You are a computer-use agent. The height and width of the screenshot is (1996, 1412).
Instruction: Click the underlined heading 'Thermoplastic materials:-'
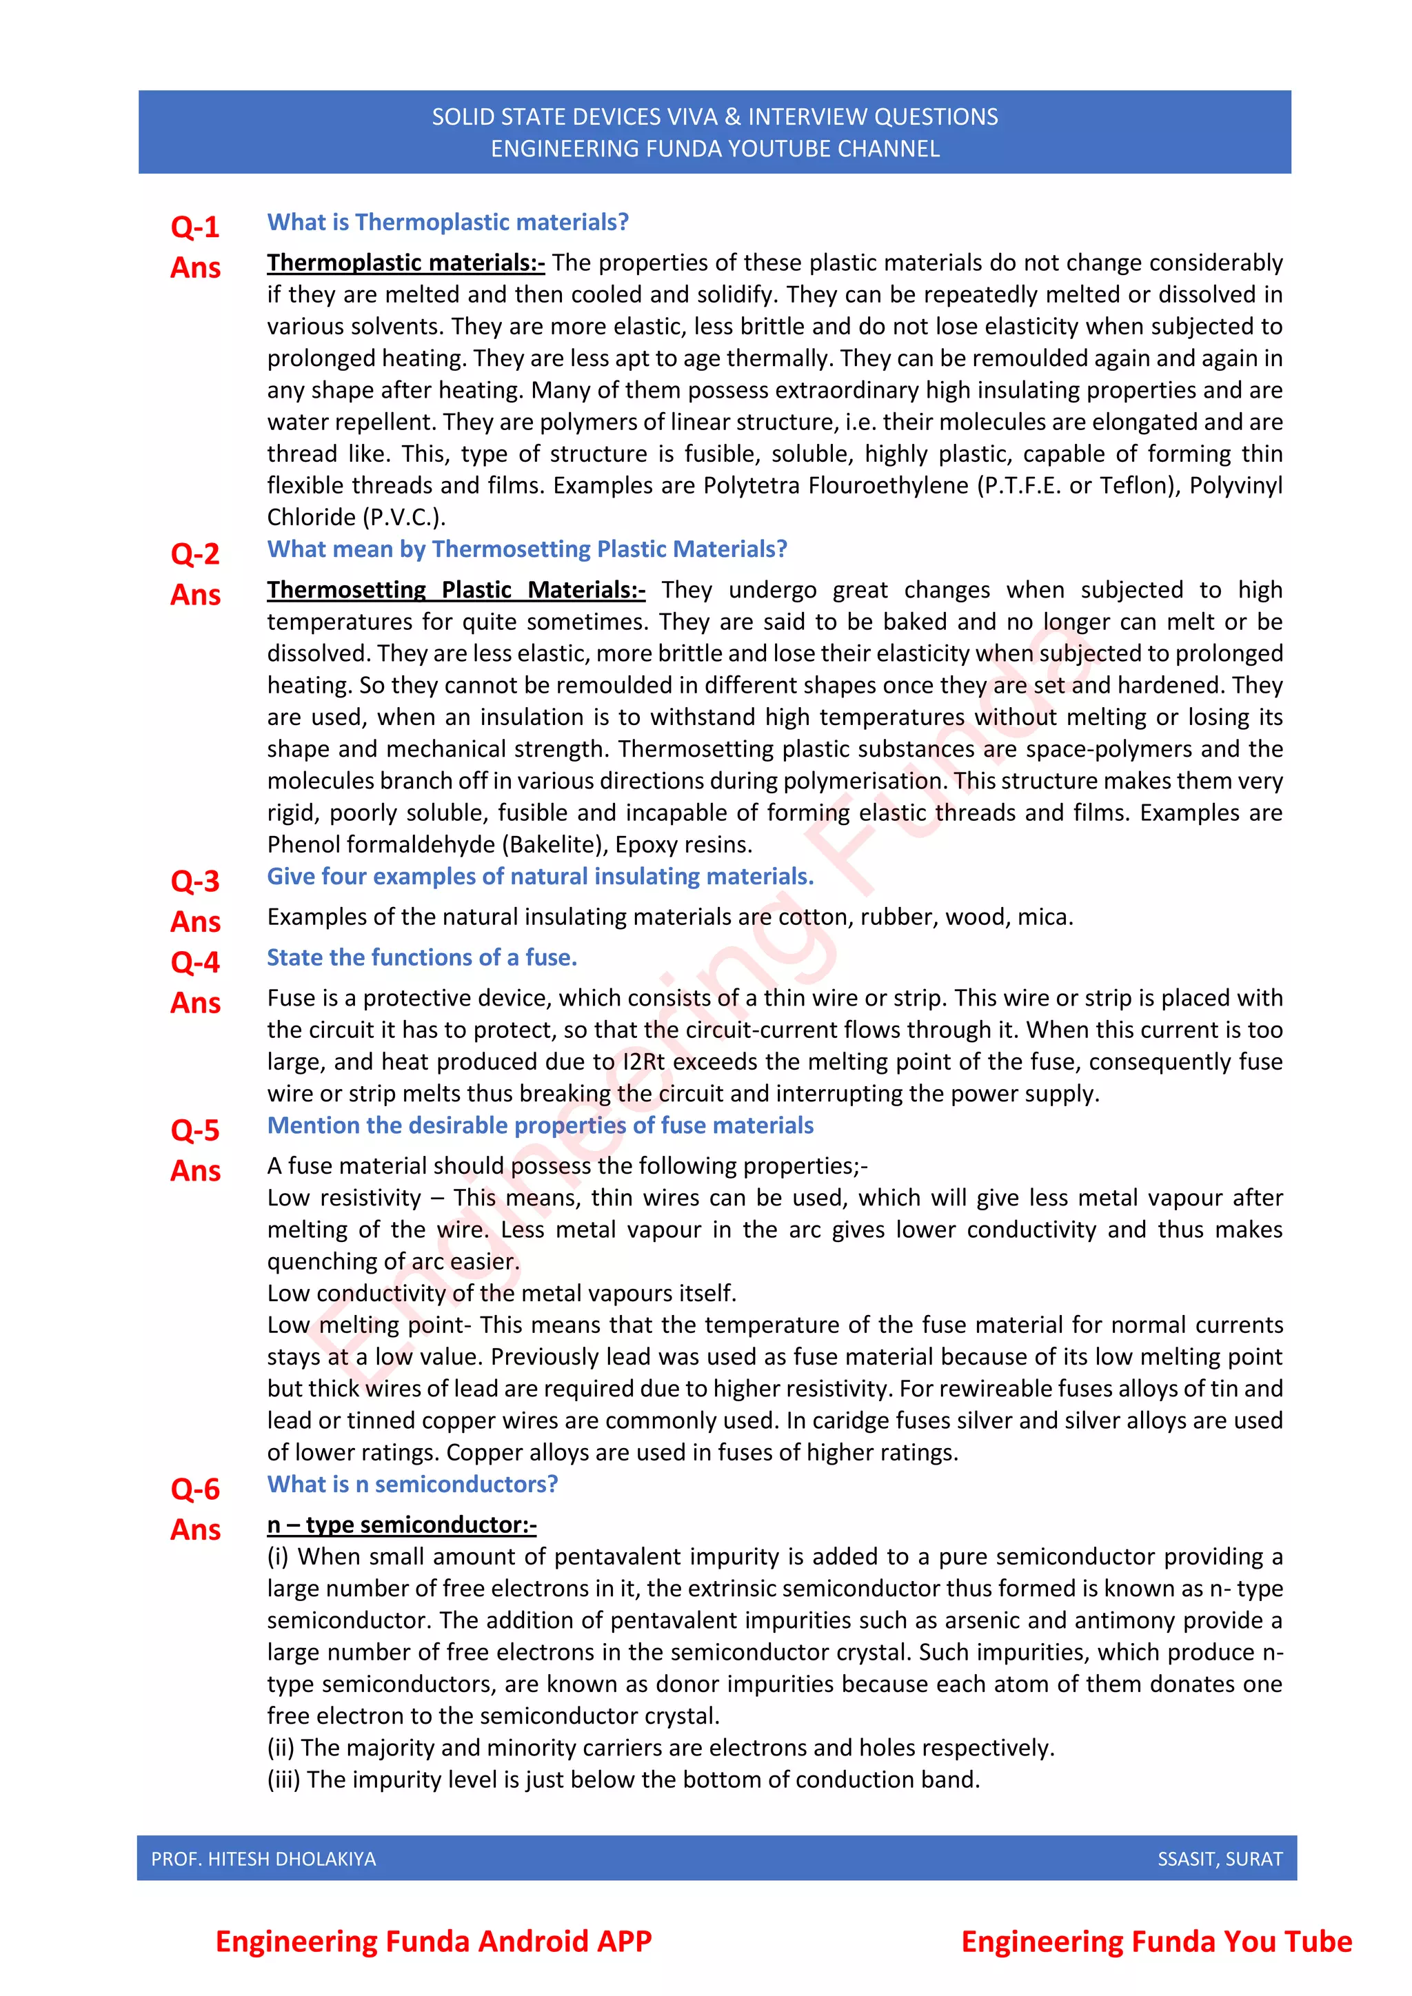tap(405, 263)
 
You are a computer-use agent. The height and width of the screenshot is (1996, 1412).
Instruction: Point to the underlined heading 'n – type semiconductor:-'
tap(402, 1525)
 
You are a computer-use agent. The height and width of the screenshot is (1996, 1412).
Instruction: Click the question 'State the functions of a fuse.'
tap(422, 957)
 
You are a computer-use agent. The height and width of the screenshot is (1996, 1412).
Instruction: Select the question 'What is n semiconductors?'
tap(412, 1484)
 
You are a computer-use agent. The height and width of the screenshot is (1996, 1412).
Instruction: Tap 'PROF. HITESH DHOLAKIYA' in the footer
tap(263, 1859)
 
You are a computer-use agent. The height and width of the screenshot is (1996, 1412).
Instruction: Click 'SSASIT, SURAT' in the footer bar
tap(1219, 1859)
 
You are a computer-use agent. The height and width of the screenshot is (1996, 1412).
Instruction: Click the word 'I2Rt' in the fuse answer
tap(643, 1061)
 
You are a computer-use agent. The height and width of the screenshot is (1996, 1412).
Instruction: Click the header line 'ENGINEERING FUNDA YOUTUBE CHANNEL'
tap(715, 149)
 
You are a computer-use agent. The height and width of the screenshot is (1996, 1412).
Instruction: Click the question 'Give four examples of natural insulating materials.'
tap(540, 876)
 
